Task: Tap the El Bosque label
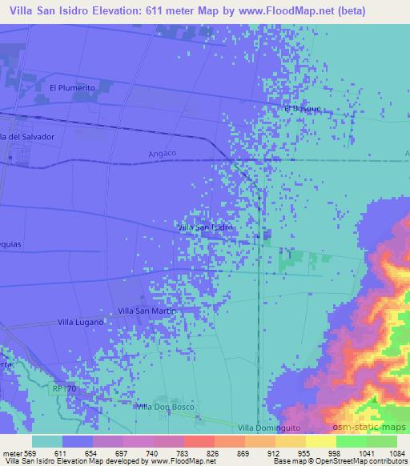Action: click(x=301, y=107)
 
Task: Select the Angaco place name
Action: click(x=163, y=152)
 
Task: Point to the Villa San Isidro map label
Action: click(x=205, y=227)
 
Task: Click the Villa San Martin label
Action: click(x=147, y=310)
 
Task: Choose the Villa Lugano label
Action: click(x=82, y=322)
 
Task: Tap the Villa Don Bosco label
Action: click(x=165, y=407)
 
